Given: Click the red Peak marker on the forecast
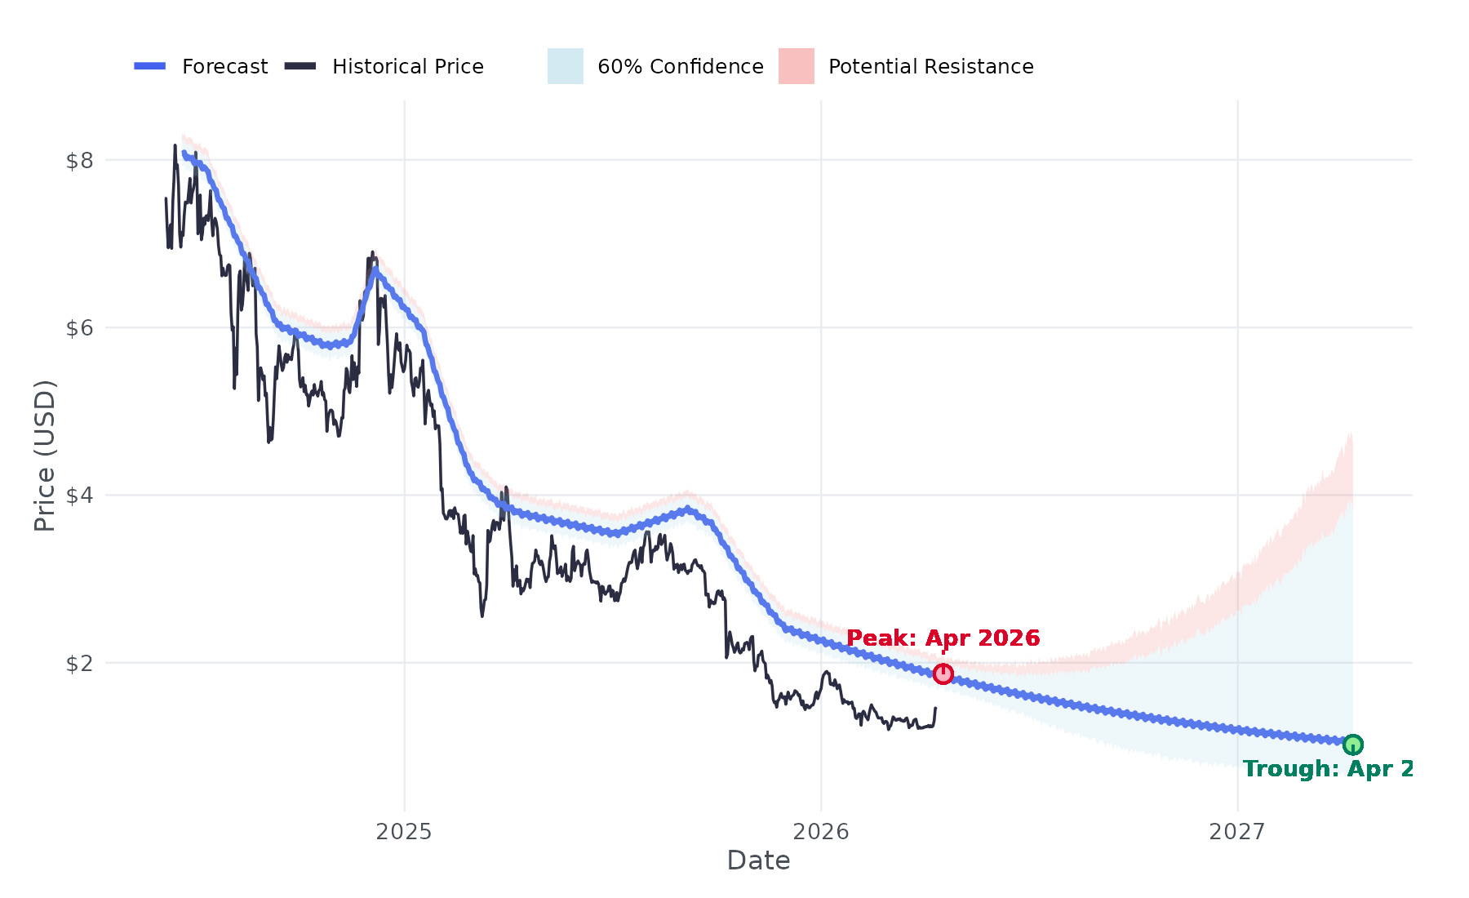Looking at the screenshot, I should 943,673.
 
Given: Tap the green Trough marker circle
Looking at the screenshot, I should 1353,745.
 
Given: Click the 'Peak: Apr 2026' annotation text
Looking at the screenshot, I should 943,638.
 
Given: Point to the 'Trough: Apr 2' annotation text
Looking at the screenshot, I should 1327,769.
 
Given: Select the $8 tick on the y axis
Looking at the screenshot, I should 79,161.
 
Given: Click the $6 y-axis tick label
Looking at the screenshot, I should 79,328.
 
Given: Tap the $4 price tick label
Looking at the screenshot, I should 79,496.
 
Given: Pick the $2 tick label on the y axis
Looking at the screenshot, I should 79,664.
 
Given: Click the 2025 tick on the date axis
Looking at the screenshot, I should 404,832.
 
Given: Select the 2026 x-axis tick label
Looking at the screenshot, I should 821,832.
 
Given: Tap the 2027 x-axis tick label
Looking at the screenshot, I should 1237,832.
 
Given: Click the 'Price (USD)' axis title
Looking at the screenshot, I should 45,456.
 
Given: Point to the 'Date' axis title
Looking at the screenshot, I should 758,860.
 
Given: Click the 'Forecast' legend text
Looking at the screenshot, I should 224,67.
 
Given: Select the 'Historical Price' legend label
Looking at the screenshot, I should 407,67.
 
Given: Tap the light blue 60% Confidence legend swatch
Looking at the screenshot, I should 566,66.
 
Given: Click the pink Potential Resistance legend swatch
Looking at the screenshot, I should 797,66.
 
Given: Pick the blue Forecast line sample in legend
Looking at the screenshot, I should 150,66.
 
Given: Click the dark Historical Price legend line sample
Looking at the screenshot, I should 300,66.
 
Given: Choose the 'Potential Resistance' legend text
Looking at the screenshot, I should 930,67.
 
